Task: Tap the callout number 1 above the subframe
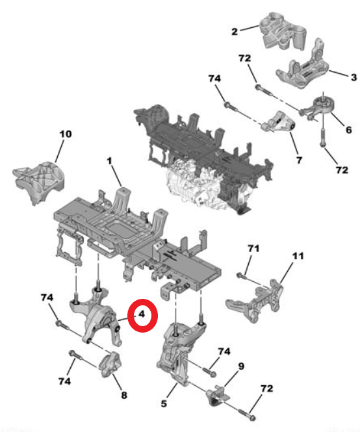click(110, 160)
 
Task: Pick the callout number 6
click(348, 130)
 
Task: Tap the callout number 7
click(298, 159)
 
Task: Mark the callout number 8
click(123, 394)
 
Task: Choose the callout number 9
click(240, 366)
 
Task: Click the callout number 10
click(65, 134)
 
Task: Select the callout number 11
click(298, 256)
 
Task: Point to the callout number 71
click(253, 249)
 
